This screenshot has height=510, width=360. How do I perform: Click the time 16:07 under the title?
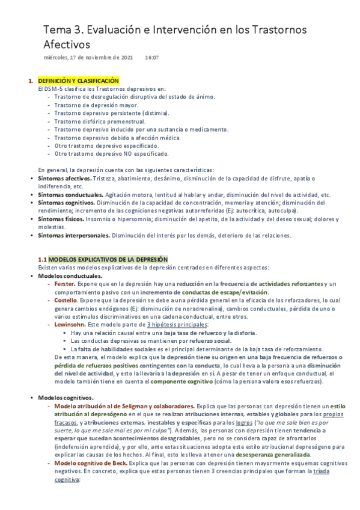click(x=151, y=58)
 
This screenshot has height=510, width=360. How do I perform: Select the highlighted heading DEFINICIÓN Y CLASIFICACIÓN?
click(x=78, y=81)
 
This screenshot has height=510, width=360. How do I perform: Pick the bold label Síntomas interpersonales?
click(x=73, y=236)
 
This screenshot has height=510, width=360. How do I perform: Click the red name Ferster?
click(x=64, y=283)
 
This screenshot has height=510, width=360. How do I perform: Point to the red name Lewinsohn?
click(x=69, y=324)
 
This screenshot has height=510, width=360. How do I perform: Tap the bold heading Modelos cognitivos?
click(x=66, y=398)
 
